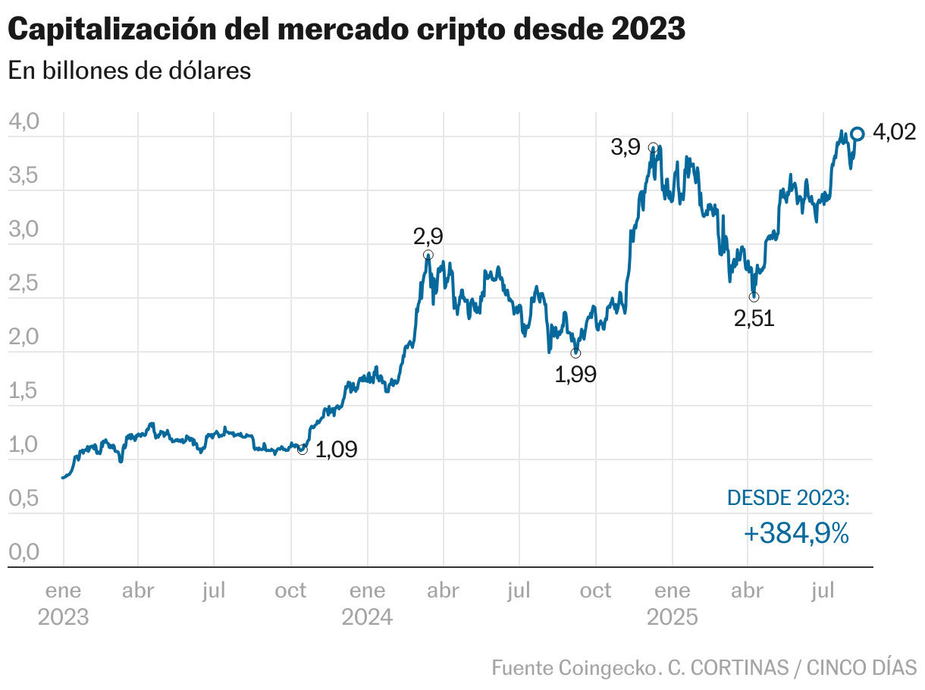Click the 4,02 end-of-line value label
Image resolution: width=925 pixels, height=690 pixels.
click(895, 133)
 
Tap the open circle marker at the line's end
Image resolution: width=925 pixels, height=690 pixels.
click(858, 134)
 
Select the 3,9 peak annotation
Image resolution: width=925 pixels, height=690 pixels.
click(626, 148)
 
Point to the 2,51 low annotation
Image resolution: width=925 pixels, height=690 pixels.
click(754, 319)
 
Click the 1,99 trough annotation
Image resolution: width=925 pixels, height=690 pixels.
click(575, 375)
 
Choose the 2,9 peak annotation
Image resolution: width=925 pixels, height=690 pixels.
click(428, 237)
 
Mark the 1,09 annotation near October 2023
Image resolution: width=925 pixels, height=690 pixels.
click(335, 450)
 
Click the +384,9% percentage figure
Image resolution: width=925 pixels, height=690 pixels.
click(796, 534)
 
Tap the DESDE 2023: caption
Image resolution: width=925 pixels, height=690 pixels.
click(789, 498)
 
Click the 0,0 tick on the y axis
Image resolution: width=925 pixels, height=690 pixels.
click(23, 552)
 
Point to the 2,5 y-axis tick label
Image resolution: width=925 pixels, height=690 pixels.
click(23, 284)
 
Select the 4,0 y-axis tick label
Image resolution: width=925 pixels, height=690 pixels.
click(23, 122)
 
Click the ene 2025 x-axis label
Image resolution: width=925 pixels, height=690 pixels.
click(672, 604)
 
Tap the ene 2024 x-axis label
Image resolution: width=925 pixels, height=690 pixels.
click(367, 604)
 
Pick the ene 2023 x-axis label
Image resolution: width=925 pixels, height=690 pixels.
click(63, 604)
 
